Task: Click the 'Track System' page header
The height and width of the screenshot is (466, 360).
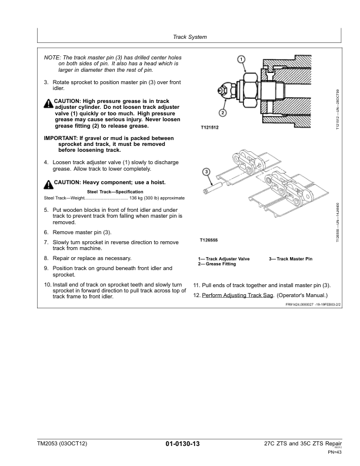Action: point(189,37)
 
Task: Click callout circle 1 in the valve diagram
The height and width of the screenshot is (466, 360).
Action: point(241,59)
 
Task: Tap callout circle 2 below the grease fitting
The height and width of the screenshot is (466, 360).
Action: point(223,112)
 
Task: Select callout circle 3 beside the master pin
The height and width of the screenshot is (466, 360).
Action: point(206,171)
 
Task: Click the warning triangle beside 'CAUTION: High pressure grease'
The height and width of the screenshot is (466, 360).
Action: point(48,104)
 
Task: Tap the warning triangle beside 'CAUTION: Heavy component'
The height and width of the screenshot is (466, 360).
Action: point(48,182)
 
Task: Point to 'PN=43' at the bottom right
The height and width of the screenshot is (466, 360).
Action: point(334,452)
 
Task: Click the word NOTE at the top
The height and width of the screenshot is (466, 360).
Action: point(52,56)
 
